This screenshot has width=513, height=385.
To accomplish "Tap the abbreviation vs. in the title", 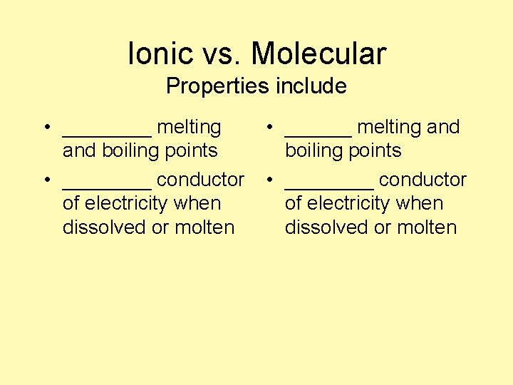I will [x=217, y=53].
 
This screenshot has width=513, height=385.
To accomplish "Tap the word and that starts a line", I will [x=79, y=150].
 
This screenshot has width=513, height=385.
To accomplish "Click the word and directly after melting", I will [x=443, y=127].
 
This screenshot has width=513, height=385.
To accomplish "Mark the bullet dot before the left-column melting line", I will [x=45, y=128].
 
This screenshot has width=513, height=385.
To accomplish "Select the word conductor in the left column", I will [x=200, y=180].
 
